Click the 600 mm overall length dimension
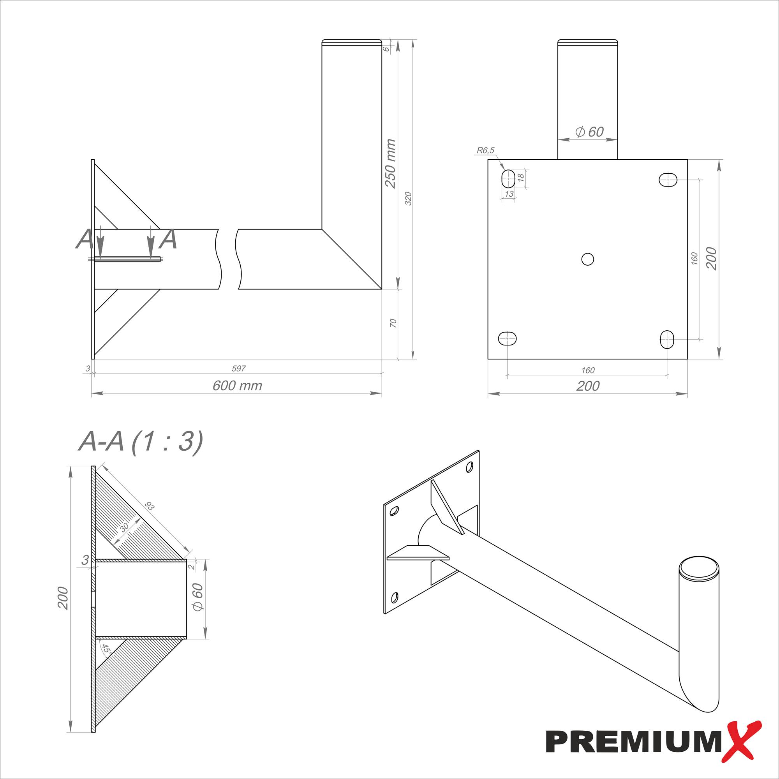pyautogui.click(x=237, y=386)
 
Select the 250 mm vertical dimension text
pyautogui.click(x=390, y=163)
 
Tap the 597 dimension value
pyautogui.click(x=239, y=368)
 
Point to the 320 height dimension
pyautogui.click(x=408, y=199)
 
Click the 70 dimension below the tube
pyautogui.click(x=393, y=323)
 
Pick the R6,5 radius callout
pyautogui.click(x=485, y=151)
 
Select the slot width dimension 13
pyautogui.click(x=509, y=194)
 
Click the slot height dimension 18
pyautogui.click(x=520, y=176)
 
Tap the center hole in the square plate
pyautogui.click(x=587, y=259)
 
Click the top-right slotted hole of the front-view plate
pyautogui.click(x=668, y=180)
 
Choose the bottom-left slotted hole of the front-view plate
pyautogui.click(x=508, y=338)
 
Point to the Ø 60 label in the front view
pyautogui.click(x=589, y=132)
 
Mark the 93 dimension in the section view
pyautogui.click(x=150, y=506)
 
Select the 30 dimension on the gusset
pyautogui.click(x=124, y=527)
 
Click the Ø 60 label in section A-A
pyautogui.click(x=197, y=597)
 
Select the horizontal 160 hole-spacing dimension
pyautogui.click(x=588, y=370)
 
